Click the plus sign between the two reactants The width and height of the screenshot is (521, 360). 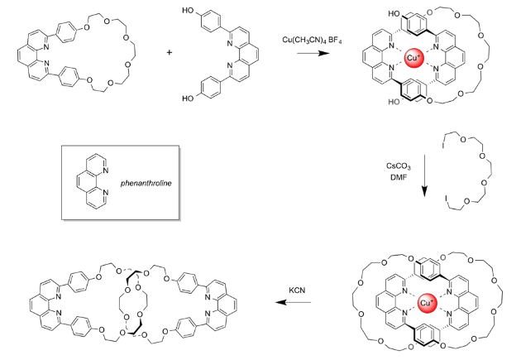[x=170, y=52]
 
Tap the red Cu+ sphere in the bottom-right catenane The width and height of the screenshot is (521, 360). [x=428, y=305]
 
